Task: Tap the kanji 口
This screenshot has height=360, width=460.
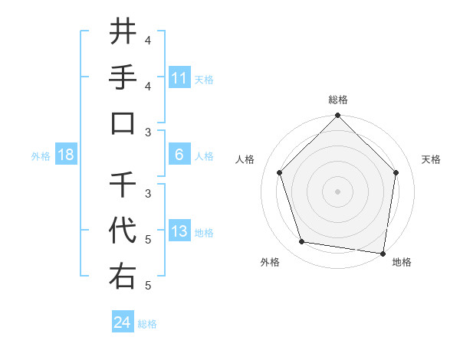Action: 123,123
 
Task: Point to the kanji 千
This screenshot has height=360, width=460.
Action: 123,184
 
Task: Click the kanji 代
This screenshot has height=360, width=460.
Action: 123,230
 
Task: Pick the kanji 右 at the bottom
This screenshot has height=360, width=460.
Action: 123,276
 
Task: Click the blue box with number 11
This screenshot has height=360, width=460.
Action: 179,78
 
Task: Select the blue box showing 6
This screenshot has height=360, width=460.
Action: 179,155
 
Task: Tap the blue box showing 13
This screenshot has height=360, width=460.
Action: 179,231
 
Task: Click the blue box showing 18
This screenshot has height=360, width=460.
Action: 66,155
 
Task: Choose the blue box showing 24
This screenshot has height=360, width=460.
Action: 123,322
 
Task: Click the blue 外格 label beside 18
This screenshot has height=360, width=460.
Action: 41,155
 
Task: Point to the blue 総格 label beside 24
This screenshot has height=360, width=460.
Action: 148,323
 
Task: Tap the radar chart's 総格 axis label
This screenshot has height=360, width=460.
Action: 337,100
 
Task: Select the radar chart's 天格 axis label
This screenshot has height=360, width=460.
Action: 432,159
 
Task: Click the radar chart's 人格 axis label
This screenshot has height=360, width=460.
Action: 245,159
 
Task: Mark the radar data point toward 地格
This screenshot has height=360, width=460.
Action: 383,252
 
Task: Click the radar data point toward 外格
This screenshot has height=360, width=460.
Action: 302,242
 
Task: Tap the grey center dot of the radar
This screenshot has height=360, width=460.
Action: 337,191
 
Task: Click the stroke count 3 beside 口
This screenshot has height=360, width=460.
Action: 148,132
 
